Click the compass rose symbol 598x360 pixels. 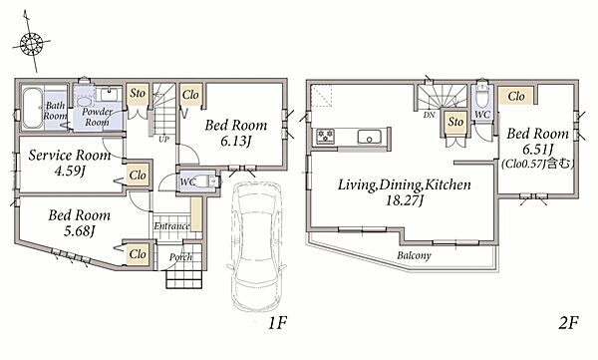[x=31, y=42]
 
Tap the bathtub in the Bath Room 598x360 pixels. [x=33, y=109]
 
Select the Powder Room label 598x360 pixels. [x=97, y=117]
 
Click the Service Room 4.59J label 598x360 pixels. [x=70, y=163]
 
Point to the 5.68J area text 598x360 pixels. [x=79, y=231]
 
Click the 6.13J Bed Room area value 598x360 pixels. [x=235, y=142]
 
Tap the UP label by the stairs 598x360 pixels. [x=164, y=139]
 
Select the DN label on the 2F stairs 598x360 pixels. [x=429, y=115]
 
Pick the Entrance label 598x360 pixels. [x=171, y=226]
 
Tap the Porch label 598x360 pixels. [x=180, y=257]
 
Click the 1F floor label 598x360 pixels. [x=277, y=323]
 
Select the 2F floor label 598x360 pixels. [x=568, y=323]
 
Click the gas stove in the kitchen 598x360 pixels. [x=326, y=137]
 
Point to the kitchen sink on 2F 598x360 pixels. [x=369, y=137]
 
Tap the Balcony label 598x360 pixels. [x=414, y=255]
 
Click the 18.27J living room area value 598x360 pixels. [x=405, y=200]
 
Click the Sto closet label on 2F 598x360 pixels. [x=455, y=122]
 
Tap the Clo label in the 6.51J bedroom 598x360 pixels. [x=516, y=96]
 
